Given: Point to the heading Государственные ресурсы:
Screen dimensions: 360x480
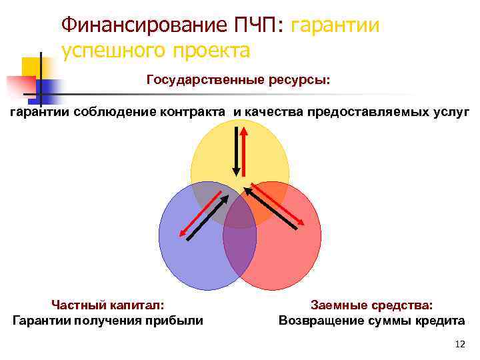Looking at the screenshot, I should coord(238,80).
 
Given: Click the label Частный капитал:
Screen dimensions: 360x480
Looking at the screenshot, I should coord(108,305).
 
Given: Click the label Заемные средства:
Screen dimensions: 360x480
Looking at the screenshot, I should coord(371,305).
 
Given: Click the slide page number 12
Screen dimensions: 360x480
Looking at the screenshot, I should coord(458,344).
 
